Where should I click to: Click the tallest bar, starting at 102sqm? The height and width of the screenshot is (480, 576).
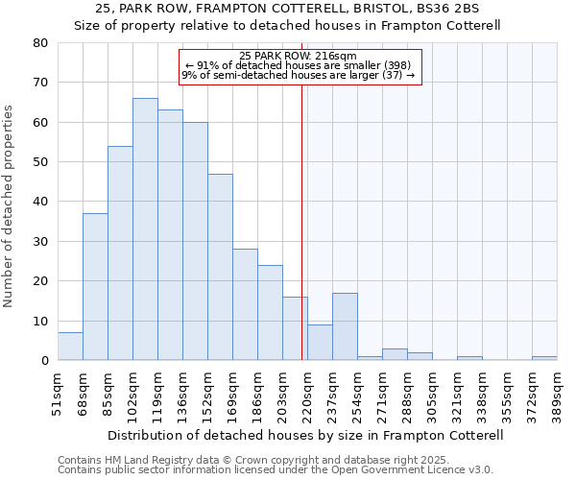145,229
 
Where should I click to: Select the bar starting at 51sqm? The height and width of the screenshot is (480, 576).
70,347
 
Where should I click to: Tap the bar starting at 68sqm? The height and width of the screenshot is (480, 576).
95,287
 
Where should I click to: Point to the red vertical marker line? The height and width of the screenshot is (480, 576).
302,240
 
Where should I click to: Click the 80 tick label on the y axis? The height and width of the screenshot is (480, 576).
39,43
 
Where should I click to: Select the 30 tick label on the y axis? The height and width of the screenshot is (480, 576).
39,242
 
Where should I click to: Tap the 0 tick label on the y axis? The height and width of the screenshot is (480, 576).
43,361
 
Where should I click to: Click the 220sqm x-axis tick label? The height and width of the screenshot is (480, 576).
307,393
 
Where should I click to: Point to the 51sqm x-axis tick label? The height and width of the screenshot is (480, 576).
58,391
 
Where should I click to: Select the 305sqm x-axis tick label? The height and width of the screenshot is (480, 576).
432,393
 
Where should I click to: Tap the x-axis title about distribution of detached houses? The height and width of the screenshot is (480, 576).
306,435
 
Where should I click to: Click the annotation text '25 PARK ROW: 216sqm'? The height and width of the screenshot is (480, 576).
298,57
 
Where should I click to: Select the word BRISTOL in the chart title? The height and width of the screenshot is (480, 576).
363,8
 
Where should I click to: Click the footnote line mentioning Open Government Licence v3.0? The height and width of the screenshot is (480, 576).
276,470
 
